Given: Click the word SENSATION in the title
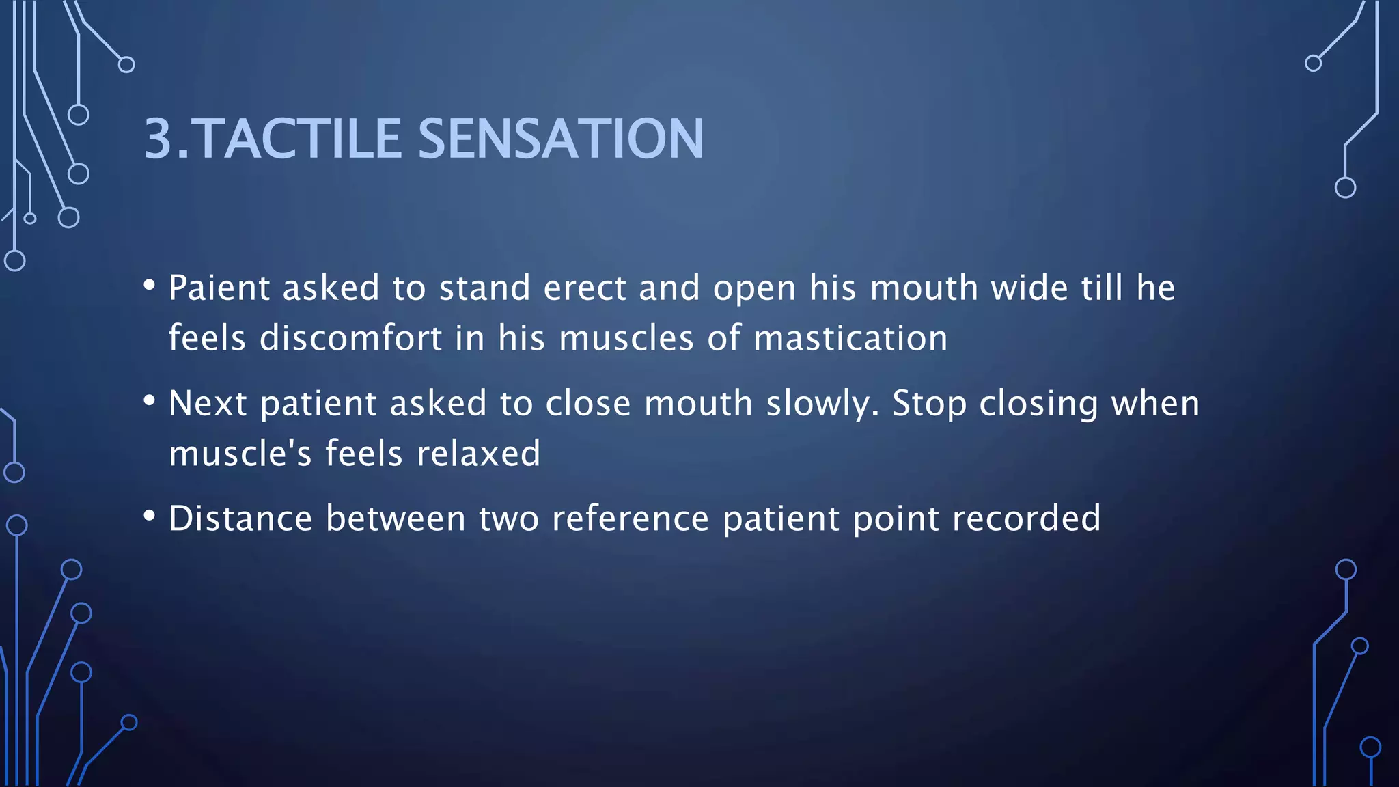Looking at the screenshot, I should tap(560, 139).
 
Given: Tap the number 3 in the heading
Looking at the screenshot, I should tap(158, 139).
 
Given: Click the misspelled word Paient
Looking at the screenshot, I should tap(219, 288).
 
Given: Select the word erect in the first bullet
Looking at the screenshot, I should tap(585, 288).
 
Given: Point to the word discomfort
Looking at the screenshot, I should tap(351, 338).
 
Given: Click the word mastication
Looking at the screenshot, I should tap(850, 338).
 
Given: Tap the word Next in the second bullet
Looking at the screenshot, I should tap(208, 403).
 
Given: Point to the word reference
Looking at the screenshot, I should tap(630, 519).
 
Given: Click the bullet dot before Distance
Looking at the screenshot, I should tap(150, 516).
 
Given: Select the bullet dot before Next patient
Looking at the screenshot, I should tap(150, 400).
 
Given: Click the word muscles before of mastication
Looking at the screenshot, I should tap(626, 338).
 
